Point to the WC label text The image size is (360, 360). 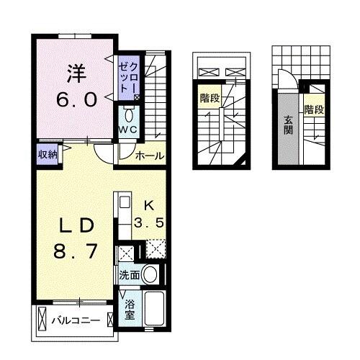pos(129,130)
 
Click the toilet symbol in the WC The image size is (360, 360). pos(130,114)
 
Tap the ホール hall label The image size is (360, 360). pos(149,156)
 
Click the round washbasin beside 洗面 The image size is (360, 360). pos(150,274)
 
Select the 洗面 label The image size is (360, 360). pos(130,274)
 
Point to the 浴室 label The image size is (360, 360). pos(129,309)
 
